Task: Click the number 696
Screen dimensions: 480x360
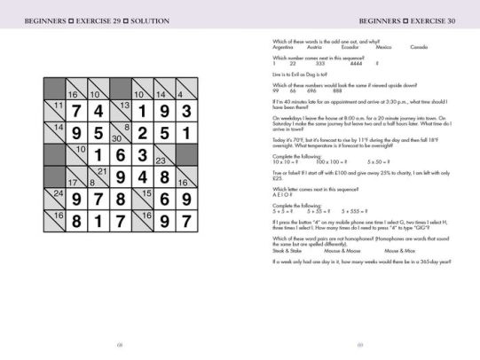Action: point(315,90)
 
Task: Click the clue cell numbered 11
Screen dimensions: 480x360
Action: point(56,109)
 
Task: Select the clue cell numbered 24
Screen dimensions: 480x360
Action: point(56,195)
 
